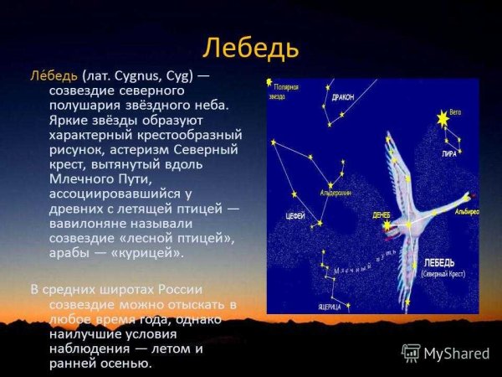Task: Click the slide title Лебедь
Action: pyautogui.click(x=251, y=48)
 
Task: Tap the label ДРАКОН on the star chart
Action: pyautogui.click(x=342, y=97)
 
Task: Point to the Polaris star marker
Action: pyautogui.click(x=270, y=83)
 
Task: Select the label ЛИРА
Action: pyautogui.click(x=449, y=154)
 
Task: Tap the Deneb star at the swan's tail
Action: pyautogui.click(x=387, y=227)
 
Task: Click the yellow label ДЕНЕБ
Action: pyautogui.click(x=382, y=214)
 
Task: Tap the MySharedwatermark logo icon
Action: pyautogui.click(x=412, y=353)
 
